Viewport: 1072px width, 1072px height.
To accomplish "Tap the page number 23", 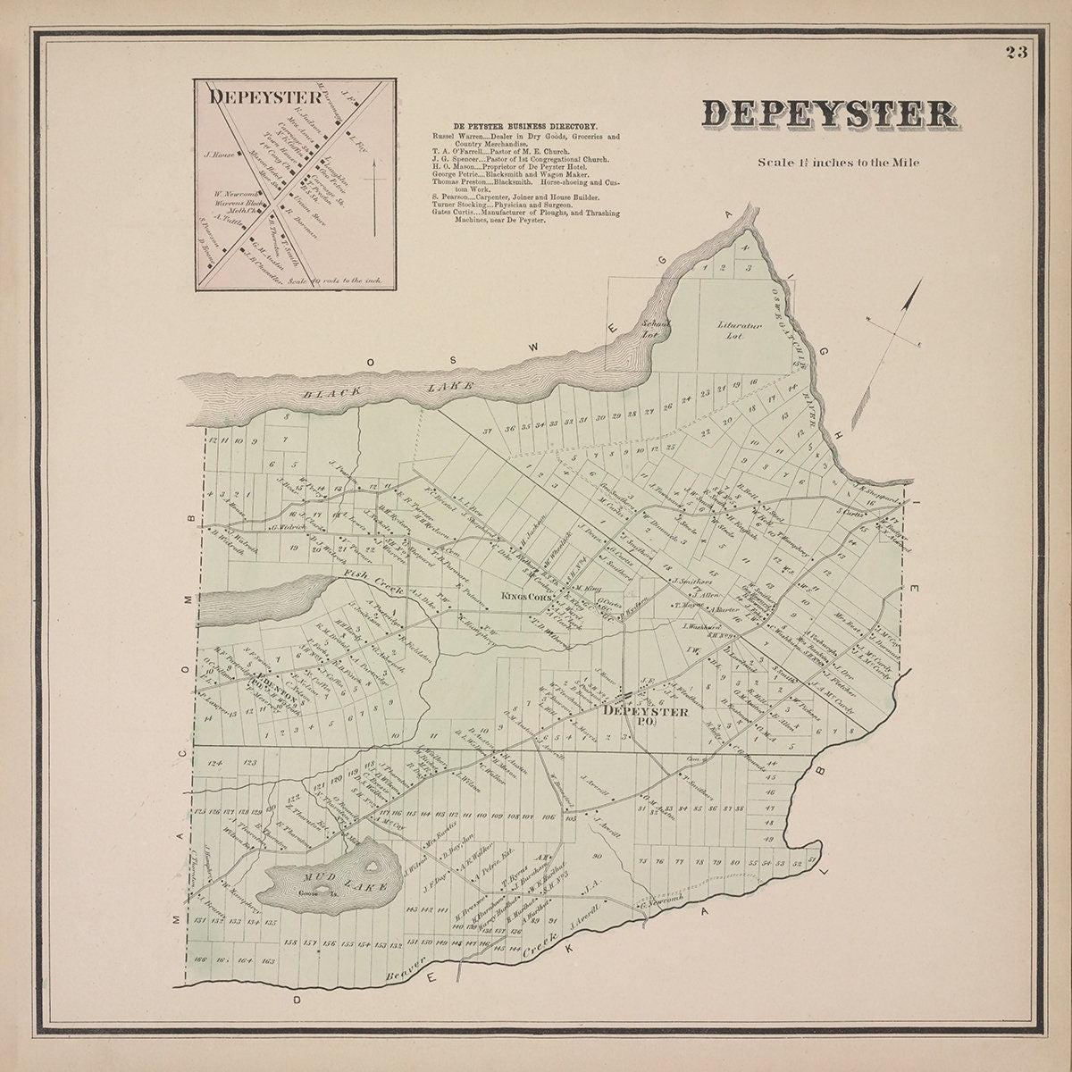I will (1016, 52).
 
